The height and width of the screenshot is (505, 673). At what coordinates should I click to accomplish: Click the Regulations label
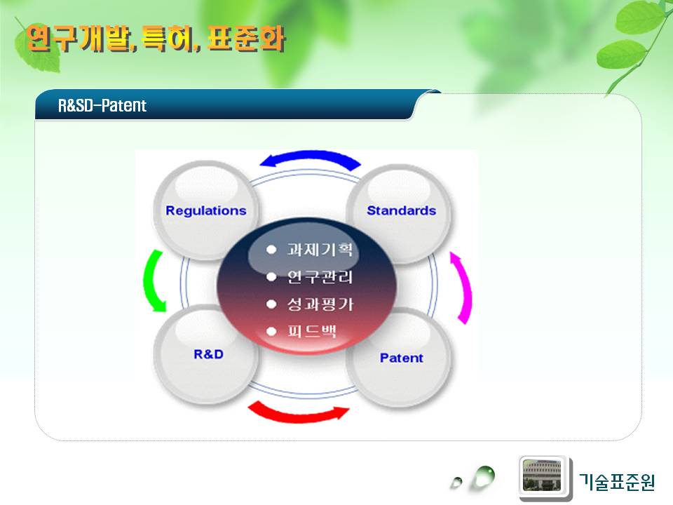click(x=206, y=211)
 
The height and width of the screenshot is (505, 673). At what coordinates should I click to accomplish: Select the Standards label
click(x=401, y=210)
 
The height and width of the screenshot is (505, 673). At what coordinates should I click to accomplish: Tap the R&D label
click(x=209, y=354)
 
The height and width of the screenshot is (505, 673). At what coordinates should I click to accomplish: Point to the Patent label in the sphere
click(x=401, y=358)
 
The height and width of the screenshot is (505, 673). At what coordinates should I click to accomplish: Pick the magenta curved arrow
click(x=466, y=288)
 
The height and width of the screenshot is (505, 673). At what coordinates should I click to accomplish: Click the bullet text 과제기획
click(x=320, y=250)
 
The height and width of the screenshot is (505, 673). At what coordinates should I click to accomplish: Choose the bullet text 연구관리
click(x=320, y=277)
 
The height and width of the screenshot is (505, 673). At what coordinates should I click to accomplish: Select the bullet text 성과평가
click(x=320, y=304)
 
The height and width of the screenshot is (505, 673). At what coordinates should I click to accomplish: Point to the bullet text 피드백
click(x=311, y=332)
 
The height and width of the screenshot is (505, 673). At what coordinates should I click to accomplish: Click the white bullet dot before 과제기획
click(x=271, y=250)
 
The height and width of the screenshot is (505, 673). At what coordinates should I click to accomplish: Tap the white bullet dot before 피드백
click(x=271, y=332)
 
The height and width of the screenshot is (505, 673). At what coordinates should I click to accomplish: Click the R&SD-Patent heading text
click(x=102, y=105)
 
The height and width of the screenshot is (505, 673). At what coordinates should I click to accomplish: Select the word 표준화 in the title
click(x=246, y=39)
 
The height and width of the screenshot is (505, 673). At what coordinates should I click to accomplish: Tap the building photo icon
click(x=542, y=476)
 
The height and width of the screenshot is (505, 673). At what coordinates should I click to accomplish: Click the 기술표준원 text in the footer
click(x=617, y=481)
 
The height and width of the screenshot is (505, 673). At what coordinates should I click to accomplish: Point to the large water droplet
click(x=484, y=477)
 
